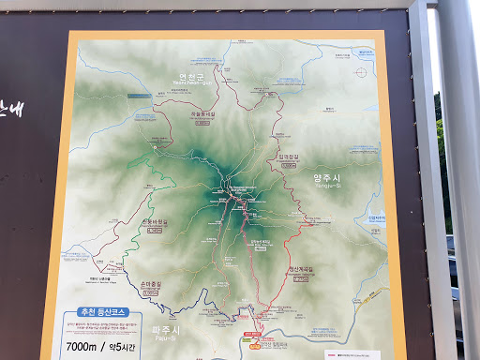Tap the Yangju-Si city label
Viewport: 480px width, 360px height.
(x=331, y=178)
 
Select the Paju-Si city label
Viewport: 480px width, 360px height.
(x=165, y=331)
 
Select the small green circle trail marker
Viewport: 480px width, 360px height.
(x=154, y=146)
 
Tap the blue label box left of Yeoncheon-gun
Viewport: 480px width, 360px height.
(x=140, y=96)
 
